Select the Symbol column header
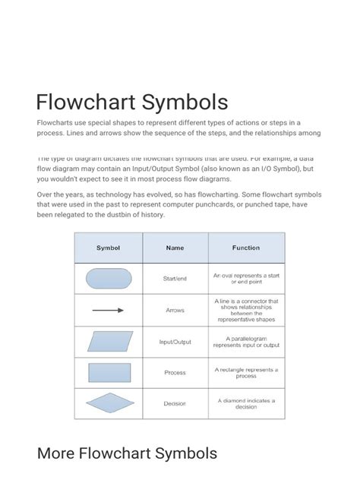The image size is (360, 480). click(108, 248)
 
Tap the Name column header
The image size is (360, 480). click(175, 248)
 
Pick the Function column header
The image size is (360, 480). click(245, 248)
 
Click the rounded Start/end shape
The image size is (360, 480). click(109, 279)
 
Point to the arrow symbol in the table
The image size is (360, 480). click(108, 310)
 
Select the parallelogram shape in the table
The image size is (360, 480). click(109, 341)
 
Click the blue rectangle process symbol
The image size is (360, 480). click(109, 372)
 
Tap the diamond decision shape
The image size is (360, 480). click(109, 403)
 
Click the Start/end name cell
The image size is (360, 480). click(175, 279)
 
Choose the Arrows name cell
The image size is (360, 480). click(175, 310)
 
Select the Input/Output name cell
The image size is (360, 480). click(175, 342)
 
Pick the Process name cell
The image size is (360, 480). click(175, 372)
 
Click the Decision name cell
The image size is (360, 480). click(175, 403)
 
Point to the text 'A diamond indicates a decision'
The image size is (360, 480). click(246, 403)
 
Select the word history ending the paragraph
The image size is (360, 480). click(148, 215)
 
